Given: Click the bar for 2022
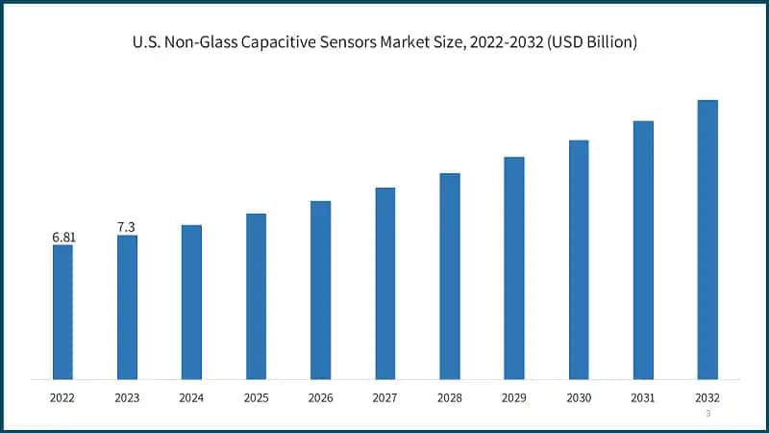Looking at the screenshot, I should [62, 312].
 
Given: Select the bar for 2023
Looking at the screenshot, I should [127, 307].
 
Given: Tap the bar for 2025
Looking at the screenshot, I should [256, 296].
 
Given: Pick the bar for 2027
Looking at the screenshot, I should [385, 283].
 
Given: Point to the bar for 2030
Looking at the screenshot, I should [579, 260].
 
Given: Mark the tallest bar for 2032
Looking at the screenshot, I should [707, 240].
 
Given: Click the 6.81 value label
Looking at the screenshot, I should [62, 237].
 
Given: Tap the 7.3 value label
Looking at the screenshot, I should [126, 227].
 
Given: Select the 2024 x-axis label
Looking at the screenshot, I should [191, 396].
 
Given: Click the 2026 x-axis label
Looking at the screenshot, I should [320, 396].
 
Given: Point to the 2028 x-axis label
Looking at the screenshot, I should [450, 396].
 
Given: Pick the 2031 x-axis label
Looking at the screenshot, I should [643, 396].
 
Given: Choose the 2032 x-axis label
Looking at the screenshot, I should [707, 396].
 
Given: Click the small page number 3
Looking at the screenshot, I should [707, 414].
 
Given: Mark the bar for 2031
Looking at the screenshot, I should [643, 250].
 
